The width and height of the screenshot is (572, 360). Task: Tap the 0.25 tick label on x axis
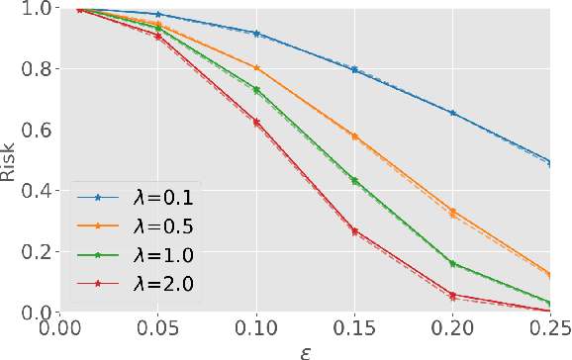click(x=549, y=327)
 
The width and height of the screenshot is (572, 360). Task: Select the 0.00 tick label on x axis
click(x=61, y=327)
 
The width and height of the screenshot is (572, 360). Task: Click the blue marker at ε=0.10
click(x=256, y=34)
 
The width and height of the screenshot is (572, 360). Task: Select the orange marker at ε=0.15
click(x=354, y=136)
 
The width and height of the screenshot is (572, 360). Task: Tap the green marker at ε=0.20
click(x=452, y=264)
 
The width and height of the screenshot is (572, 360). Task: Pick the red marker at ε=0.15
click(x=354, y=231)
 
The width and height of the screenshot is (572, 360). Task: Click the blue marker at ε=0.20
click(x=452, y=114)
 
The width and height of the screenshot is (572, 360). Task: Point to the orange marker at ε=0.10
click(x=256, y=68)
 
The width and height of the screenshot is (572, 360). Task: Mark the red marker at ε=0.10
click(x=256, y=122)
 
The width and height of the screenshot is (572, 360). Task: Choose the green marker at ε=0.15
click(x=354, y=181)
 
